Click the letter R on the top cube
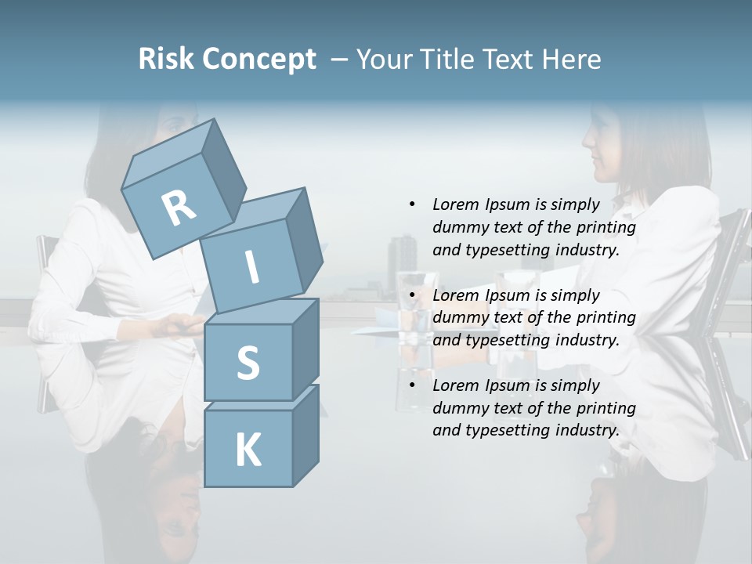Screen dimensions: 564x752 coord(179,209)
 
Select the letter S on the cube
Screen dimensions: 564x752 coord(248,363)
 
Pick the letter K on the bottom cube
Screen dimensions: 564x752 coord(248,450)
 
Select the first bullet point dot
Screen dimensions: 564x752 coord(412,204)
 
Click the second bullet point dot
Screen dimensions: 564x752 coord(412,295)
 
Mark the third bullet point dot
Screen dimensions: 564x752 coord(412,385)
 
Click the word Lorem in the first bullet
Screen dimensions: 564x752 coord(455,204)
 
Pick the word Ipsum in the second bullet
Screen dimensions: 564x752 coord(508,295)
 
